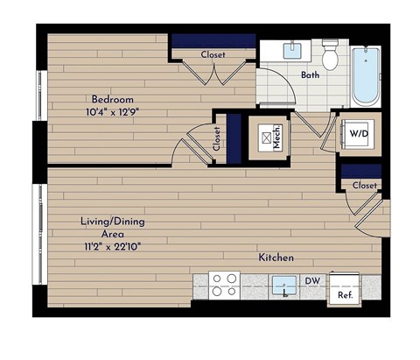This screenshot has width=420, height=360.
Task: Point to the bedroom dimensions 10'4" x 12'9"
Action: [x=109, y=111]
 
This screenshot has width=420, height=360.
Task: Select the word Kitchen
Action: [x=275, y=258]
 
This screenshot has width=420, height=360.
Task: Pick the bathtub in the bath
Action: [x=365, y=76]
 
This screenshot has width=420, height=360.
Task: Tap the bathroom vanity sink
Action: [x=292, y=49]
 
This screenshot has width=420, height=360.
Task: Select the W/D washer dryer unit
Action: [x=357, y=134]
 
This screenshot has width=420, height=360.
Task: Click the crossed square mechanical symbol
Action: [x=263, y=138]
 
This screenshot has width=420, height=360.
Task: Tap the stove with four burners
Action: [x=224, y=286]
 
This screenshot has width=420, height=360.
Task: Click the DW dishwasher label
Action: [x=312, y=281]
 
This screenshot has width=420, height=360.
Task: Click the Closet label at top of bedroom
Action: [x=213, y=54]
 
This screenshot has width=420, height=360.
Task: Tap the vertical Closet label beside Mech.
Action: [x=217, y=138]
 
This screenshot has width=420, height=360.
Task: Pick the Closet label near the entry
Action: [x=365, y=185]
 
